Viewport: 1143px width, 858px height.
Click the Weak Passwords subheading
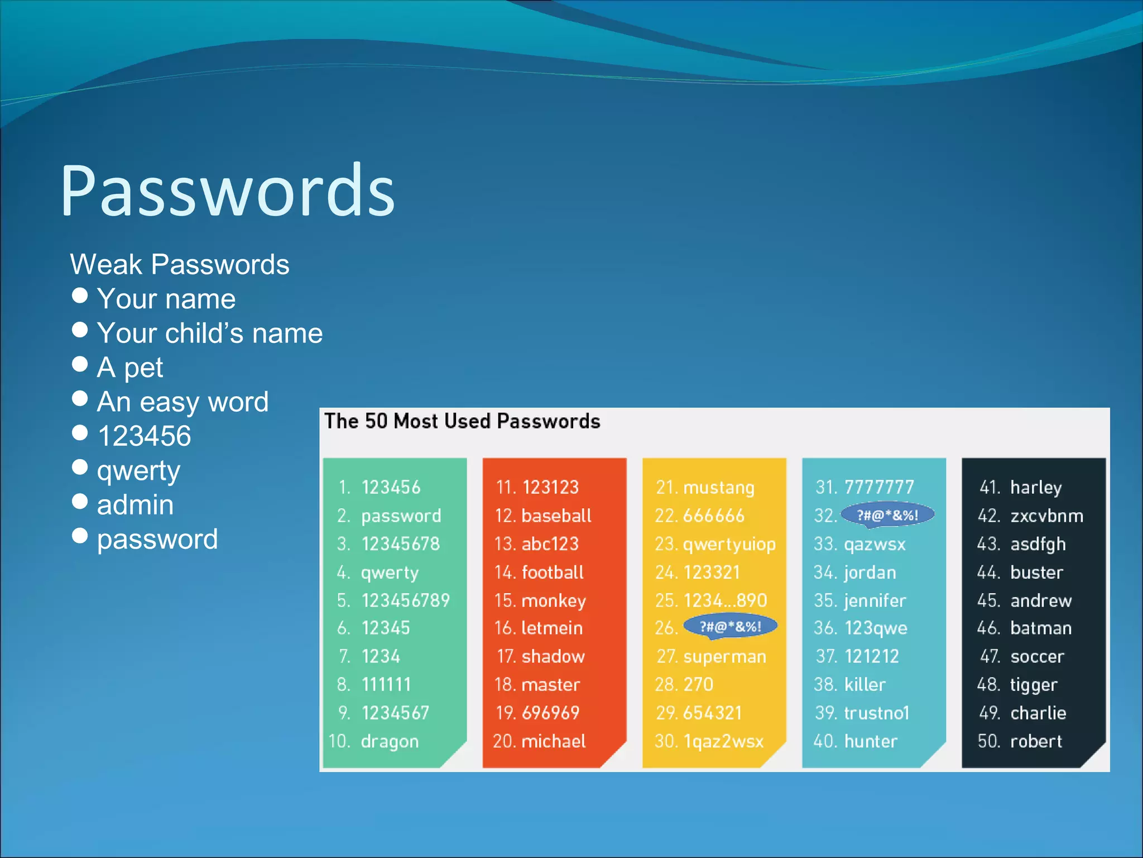tap(179, 264)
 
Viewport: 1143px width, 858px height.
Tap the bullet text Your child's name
tap(209, 333)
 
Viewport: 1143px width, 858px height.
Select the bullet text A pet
tap(129, 368)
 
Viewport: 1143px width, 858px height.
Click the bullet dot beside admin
tap(80, 502)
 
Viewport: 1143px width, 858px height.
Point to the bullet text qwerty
tap(138, 471)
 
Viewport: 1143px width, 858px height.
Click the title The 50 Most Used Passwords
tap(462, 421)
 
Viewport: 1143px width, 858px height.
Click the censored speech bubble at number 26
tap(730, 627)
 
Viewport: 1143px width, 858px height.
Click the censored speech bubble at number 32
tap(887, 515)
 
